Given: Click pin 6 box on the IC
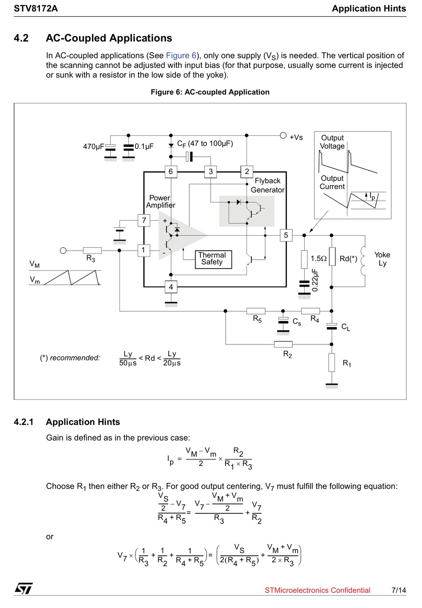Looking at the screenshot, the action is (x=171, y=172).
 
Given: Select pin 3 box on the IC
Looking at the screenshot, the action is (x=211, y=172).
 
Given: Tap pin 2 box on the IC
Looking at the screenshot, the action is (x=247, y=172).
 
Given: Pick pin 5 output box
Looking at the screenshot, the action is (x=286, y=235).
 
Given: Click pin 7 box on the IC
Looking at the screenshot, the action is (x=144, y=220).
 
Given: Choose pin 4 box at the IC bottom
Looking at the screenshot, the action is (x=171, y=287).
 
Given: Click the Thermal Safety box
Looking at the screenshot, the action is (x=214, y=260).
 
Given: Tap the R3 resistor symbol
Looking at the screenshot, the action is (x=92, y=250).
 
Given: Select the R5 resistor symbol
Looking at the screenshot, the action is (x=256, y=311).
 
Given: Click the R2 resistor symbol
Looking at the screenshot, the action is (x=283, y=344).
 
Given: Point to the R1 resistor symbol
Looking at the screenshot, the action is (x=331, y=362).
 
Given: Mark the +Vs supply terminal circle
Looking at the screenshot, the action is (x=283, y=135).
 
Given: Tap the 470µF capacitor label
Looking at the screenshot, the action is (x=93, y=146).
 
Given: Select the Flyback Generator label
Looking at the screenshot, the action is (x=268, y=186).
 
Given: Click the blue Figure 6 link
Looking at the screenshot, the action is (x=181, y=55).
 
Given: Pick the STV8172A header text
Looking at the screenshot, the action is (x=36, y=8).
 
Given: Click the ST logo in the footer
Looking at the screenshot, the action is (x=24, y=588).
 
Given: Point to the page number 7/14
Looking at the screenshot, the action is (x=398, y=590).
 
